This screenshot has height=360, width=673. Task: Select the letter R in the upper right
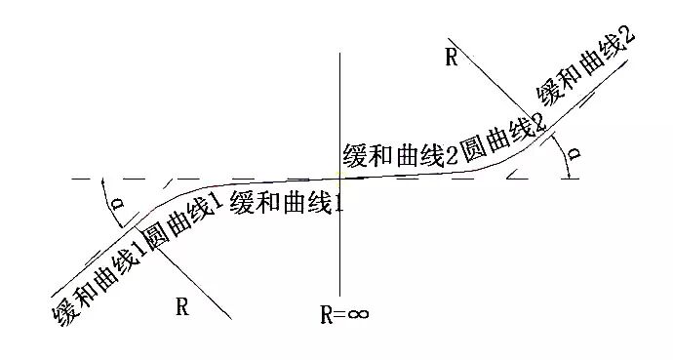(x=451, y=57)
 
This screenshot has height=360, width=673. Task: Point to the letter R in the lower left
(x=182, y=306)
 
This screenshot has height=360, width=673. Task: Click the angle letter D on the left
(x=117, y=203)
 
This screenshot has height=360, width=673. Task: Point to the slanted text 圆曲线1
(x=180, y=221)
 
